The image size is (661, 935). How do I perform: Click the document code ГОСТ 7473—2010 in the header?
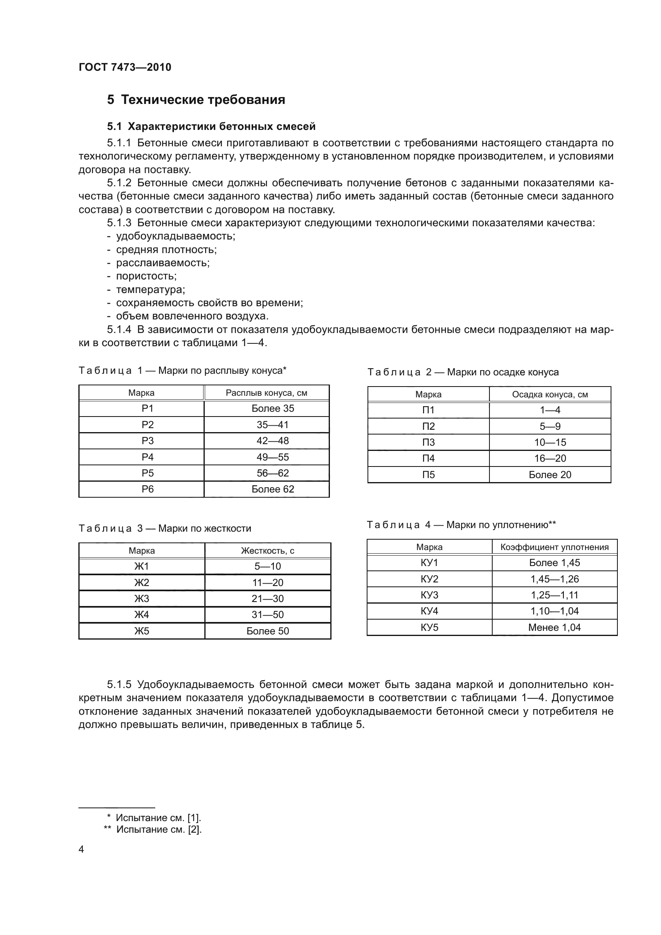[125, 67]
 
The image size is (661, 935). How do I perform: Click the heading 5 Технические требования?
[196, 100]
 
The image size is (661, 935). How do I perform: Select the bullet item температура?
[150, 289]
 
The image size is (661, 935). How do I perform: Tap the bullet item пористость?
[146, 276]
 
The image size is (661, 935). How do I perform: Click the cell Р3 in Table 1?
[148, 441]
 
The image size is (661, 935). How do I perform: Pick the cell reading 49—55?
[272, 457]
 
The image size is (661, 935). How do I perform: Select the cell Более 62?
[272, 489]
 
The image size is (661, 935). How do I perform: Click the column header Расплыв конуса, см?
[266, 393]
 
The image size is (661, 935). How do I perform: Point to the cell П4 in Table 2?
[428, 459]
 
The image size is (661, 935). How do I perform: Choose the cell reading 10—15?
[550, 442]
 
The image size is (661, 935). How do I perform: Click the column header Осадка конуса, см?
[550, 395]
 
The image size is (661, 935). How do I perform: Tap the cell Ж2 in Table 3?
[142, 583]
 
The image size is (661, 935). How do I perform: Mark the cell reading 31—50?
[268, 615]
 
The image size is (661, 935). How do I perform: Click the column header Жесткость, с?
[268, 551]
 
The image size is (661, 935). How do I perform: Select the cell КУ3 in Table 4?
[429, 595]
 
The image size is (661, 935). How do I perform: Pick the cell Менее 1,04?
[554, 628]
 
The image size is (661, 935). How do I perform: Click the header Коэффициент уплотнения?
[554, 547]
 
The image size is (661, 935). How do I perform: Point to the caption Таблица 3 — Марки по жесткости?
[164, 528]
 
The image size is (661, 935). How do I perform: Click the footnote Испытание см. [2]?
[159, 829]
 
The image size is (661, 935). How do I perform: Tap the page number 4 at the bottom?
[81, 849]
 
